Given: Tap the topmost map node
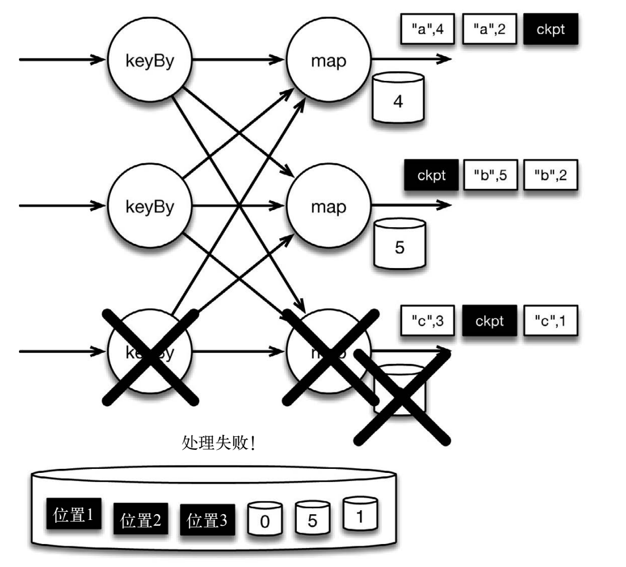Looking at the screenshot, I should click(x=329, y=59).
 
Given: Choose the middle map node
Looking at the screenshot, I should click(x=329, y=205).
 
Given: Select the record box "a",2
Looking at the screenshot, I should click(x=489, y=30).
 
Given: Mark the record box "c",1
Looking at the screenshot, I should click(x=550, y=321).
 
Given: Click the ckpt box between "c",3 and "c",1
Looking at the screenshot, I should click(x=489, y=321).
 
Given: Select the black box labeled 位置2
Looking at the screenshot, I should click(x=140, y=519).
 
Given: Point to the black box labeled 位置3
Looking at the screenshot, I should click(x=207, y=519).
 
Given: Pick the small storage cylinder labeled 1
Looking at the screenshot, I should click(x=360, y=516).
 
